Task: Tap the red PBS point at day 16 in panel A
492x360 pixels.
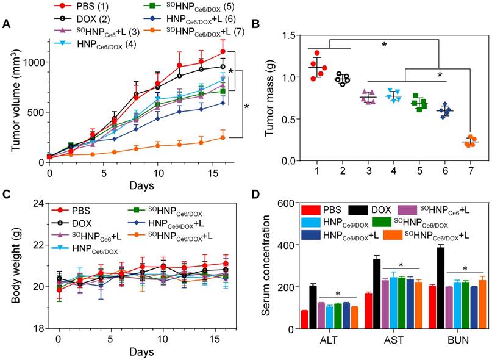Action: point(223,51)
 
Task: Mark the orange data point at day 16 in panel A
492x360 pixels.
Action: point(223,137)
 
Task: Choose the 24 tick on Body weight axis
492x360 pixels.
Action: point(40,203)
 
